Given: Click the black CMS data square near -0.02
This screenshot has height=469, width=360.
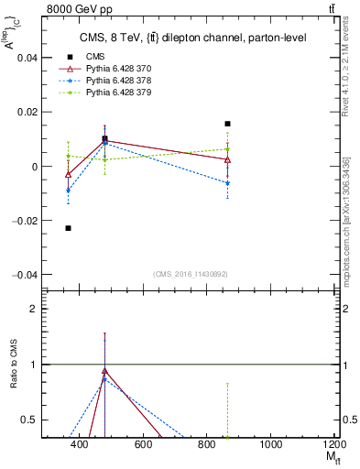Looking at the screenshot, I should pyautogui.click(x=68, y=228).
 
